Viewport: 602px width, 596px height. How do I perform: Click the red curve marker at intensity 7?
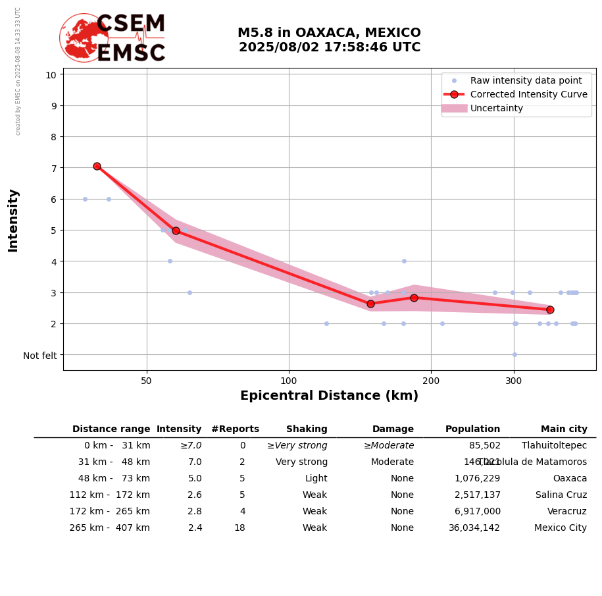(x=97, y=167)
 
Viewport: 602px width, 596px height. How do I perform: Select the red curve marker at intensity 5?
(x=176, y=230)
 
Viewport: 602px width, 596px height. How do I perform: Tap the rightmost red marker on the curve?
(x=550, y=310)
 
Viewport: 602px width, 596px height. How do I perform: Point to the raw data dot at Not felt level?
(x=514, y=354)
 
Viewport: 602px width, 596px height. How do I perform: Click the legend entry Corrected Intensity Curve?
(x=528, y=94)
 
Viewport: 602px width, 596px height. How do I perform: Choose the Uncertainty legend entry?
(x=497, y=108)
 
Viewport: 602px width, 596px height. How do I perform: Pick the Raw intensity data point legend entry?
(x=526, y=80)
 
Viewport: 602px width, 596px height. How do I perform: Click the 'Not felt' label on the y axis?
(x=40, y=356)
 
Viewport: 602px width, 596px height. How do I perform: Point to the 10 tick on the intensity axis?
(x=51, y=74)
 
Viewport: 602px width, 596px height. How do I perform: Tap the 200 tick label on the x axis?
(x=431, y=381)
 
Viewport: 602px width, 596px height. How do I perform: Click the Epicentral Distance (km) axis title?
(x=329, y=396)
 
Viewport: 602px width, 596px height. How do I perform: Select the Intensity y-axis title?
(x=13, y=220)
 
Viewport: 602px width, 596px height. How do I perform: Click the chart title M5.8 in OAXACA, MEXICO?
(x=329, y=33)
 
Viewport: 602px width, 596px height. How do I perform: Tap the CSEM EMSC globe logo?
(x=84, y=38)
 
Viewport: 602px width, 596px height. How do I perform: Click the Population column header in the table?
(x=472, y=429)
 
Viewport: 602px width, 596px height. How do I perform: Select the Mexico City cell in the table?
(x=561, y=528)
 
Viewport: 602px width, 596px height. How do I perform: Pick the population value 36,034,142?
(x=474, y=528)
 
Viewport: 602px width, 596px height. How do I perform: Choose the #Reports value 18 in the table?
(x=239, y=528)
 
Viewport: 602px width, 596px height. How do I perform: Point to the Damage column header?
(x=393, y=429)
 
